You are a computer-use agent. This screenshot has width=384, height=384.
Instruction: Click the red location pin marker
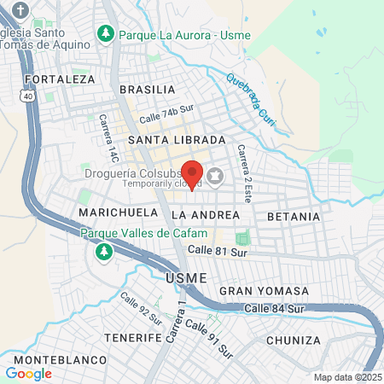coord(193,174)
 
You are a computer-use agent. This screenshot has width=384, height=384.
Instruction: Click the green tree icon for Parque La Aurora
coord(105,33)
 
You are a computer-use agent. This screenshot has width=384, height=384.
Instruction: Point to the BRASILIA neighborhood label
coord(148,90)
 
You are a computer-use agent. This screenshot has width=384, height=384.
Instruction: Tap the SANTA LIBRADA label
coord(177,139)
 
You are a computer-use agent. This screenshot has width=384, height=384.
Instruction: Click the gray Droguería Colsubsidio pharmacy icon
coord(214,177)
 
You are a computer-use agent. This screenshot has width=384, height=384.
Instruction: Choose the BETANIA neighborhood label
coord(294,217)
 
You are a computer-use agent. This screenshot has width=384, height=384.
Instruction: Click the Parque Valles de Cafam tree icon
coord(103,251)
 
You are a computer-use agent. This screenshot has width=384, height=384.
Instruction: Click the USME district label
coord(180,277)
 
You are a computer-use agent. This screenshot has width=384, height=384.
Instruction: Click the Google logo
coord(28,373)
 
